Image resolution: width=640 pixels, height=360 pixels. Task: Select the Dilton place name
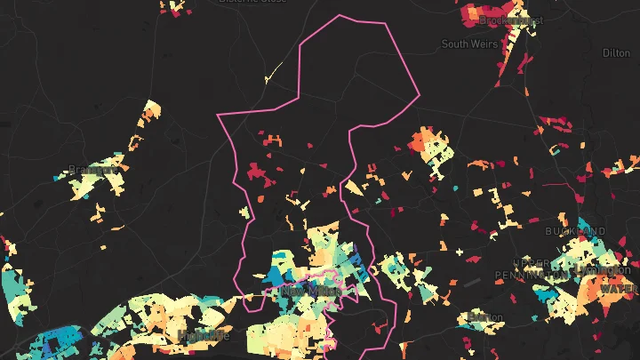(616, 53)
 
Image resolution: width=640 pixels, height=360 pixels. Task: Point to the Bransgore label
(92, 170)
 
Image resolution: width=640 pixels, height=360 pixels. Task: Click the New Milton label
(305, 291)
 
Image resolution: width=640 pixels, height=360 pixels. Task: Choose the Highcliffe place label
(204, 335)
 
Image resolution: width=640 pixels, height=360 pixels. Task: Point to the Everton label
(485, 316)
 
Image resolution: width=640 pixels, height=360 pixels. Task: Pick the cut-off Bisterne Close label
(253, 2)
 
